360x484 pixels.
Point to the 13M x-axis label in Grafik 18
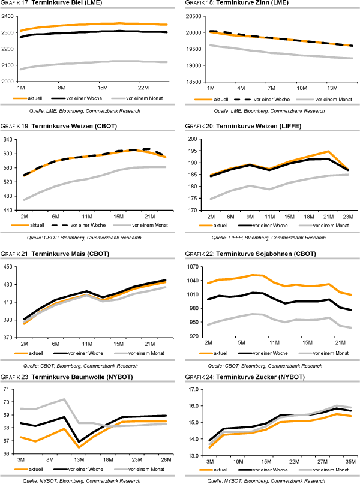click(332, 88)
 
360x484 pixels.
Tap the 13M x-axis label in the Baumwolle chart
click(80, 461)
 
